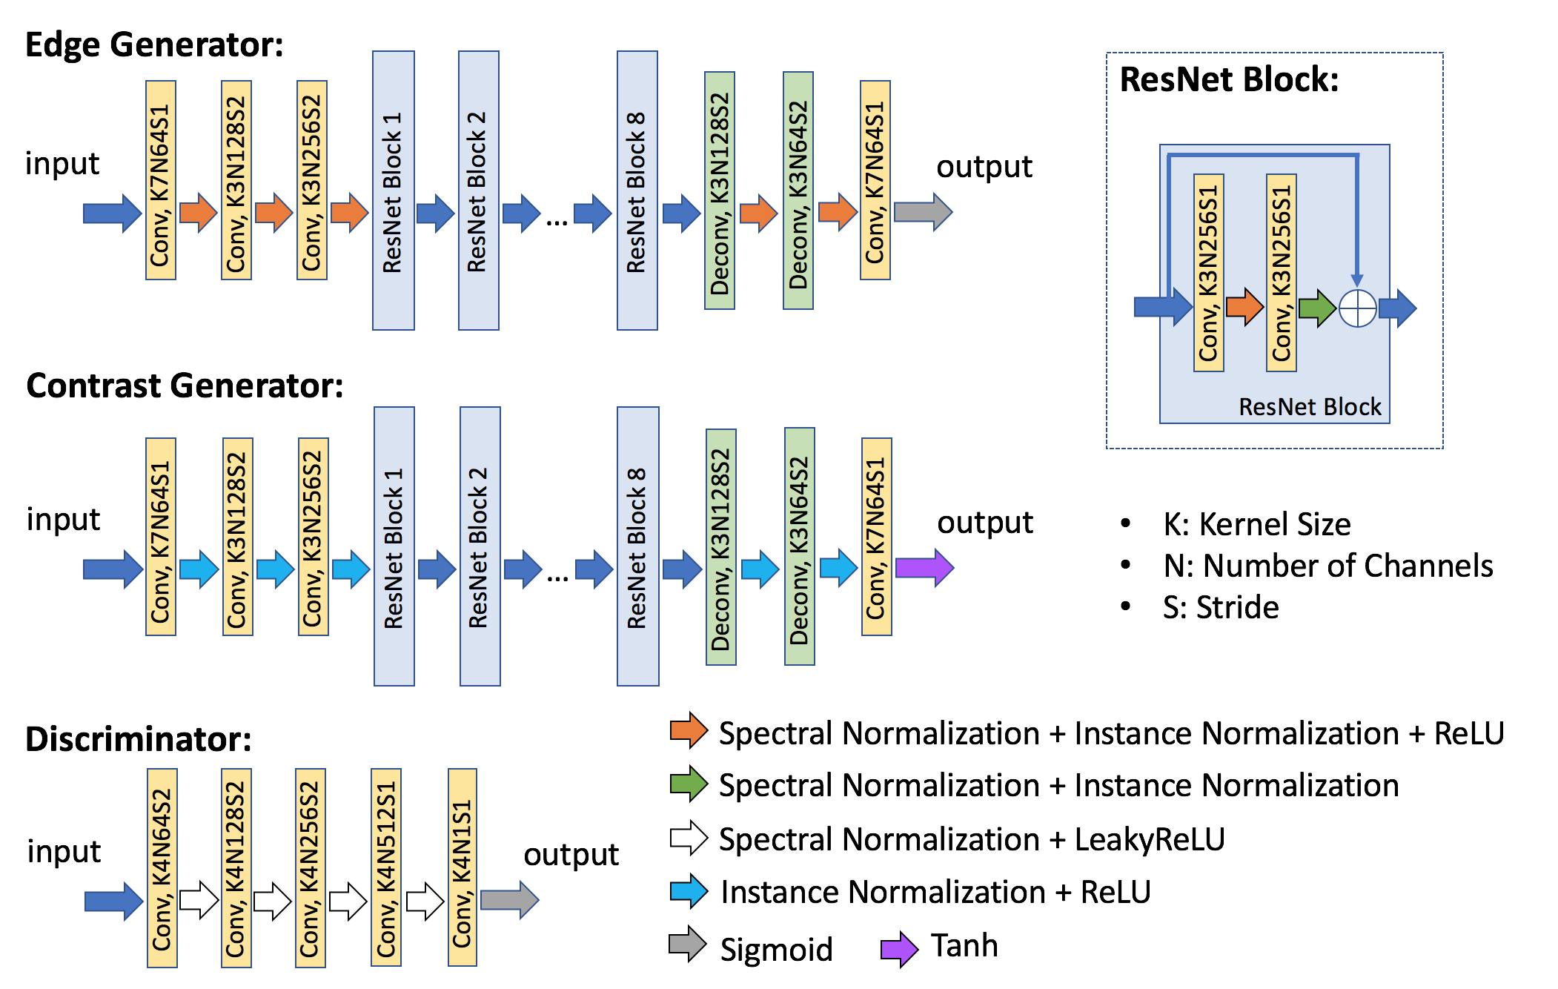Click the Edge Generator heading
[154, 45]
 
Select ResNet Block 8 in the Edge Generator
[637, 191]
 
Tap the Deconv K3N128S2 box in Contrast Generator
[720, 547]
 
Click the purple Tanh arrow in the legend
[899, 949]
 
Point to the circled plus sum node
[1357, 308]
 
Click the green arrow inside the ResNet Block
[1316, 308]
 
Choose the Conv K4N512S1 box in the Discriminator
[385, 867]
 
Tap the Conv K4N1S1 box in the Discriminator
[462, 867]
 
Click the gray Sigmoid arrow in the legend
[687, 945]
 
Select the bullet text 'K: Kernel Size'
[1256, 524]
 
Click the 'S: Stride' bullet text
[1220, 607]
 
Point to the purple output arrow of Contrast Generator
[924, 568]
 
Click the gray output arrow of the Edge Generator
[923, 212]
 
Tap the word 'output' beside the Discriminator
[571, 855]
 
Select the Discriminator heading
[139, 739]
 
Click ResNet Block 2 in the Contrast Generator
[480, 546]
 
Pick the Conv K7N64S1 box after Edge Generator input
[161, 180]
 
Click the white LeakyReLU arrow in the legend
[689, 838]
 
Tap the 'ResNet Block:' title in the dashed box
[1229, 79]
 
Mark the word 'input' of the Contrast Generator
[63, 520]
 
